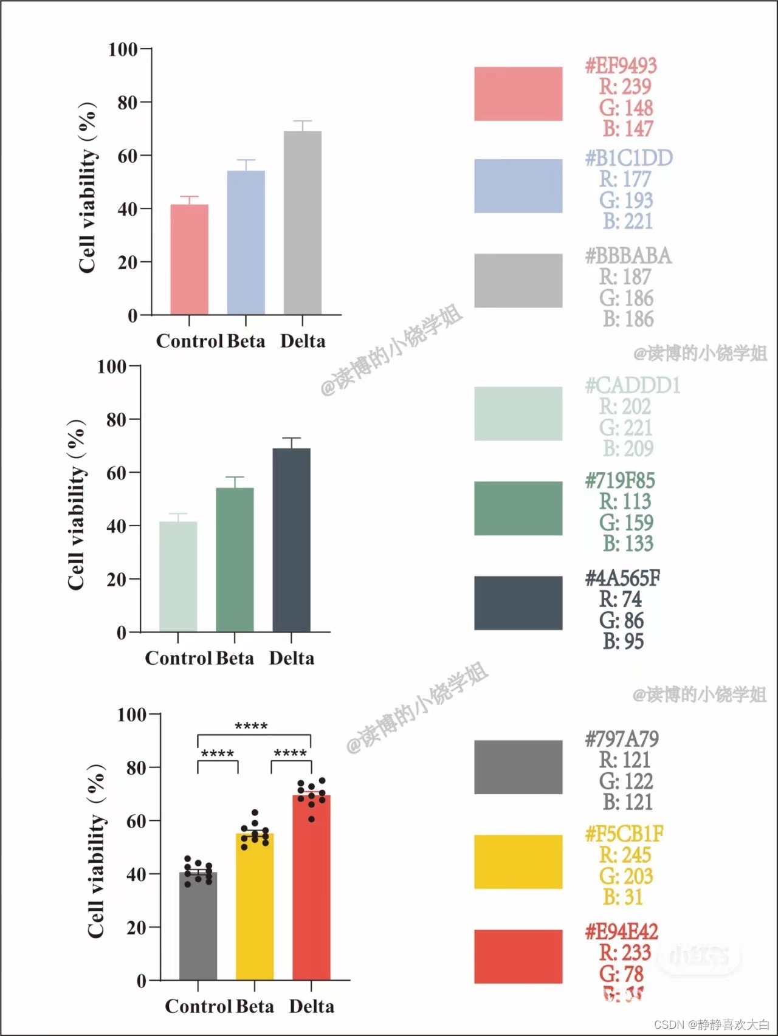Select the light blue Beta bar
pos(246,242)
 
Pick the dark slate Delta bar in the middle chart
pos(291,540)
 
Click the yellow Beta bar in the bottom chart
pos(255,906)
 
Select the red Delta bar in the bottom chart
pos(311,887)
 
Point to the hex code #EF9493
pos(621,66)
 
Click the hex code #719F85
pos(620,481)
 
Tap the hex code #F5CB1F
pos(624,834)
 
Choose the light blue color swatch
pos(518,186)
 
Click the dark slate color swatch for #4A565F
pos(518,603)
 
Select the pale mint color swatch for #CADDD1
pos(518,413)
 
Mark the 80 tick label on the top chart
pos(128,103)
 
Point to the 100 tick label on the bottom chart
pos(132,715)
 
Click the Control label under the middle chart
pos(178,658)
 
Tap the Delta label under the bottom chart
pos(311,1006)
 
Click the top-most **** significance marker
pos(251,726)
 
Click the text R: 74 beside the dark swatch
pos(620,599)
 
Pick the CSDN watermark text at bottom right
pos(711,1024)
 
